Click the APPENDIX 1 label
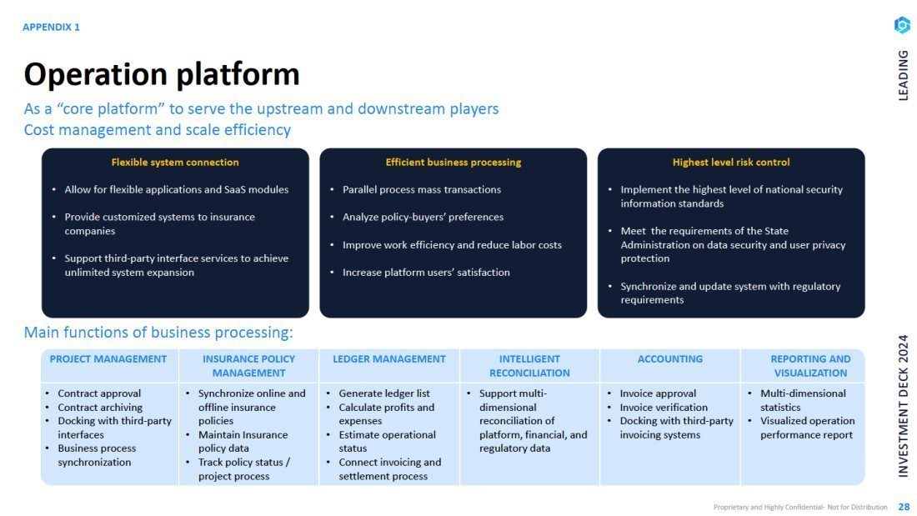(x=51, y=27)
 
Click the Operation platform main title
(x=162, y=74)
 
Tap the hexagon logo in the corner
(x=902, y=25)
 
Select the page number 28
(x=904, y=507)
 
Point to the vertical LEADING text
(x=904, y=75)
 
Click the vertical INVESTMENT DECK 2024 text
(x=904, y=405)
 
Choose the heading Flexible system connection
(x=175, y=162)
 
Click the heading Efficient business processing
(x=453, y=162)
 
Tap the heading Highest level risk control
(x=731, y=162)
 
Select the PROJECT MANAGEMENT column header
(x=108, y=359)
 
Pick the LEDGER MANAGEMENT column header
(x=389, y=359)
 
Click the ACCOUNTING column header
(x=670, y=359)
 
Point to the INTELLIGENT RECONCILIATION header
(x=529, y=366)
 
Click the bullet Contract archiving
(x=100, y=407)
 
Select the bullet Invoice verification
(x=664, y=407)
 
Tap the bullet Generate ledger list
(x=384, y=393)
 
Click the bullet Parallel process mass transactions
(x=422, y=189)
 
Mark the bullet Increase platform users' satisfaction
(x=426, y=272)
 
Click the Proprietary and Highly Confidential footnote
(x=800, y=507)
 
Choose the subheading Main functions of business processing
(x=158, y=333)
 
